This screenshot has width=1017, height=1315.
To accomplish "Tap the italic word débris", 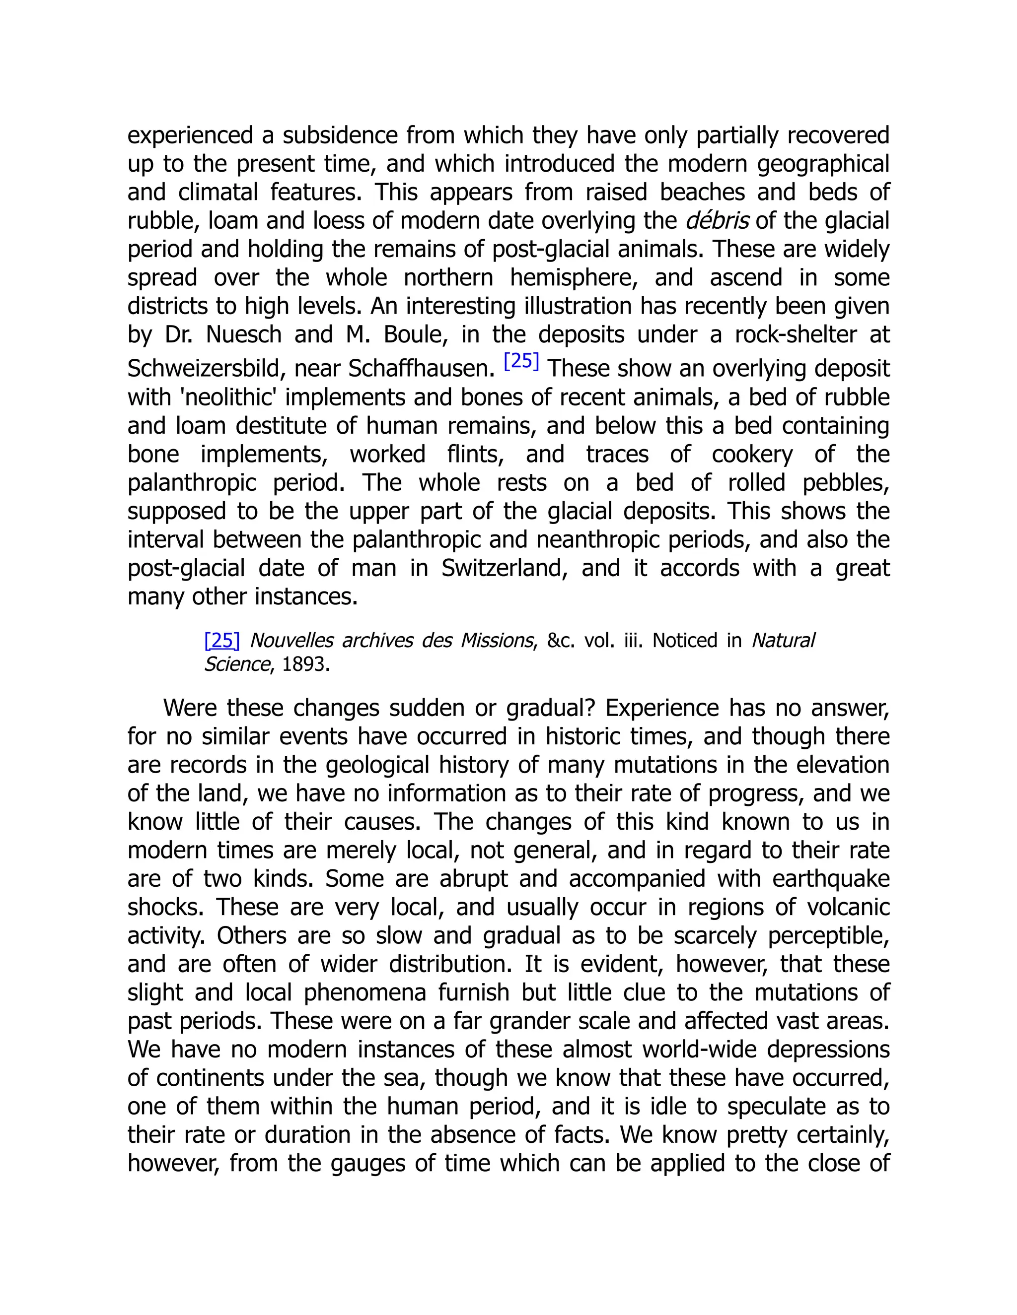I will (717, 221).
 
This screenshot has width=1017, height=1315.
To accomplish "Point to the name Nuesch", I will (243, 334).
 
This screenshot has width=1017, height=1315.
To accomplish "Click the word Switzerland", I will (505, 568).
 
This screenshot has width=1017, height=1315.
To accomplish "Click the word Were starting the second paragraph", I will (189, 708).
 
